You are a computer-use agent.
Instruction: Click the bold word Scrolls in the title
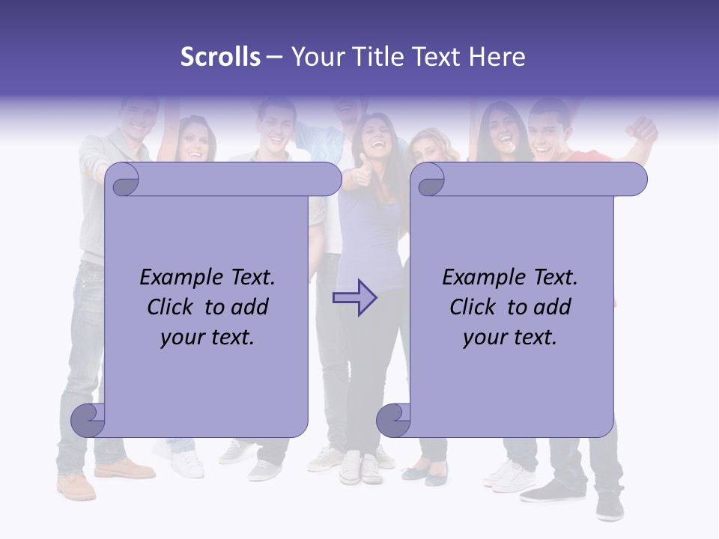click(220, 57)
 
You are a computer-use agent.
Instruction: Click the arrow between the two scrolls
click(354, 297)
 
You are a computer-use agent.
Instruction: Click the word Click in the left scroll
click(172, 307)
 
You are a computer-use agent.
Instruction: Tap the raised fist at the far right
click(644, 129)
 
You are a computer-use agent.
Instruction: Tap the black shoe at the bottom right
click(610, 505)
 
